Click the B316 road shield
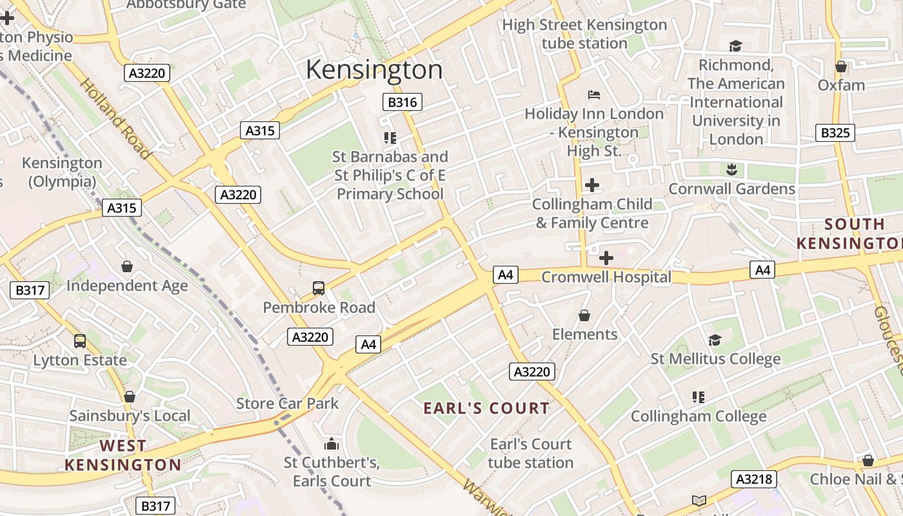coord(402,102)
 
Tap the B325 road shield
coord(835,133)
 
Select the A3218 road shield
coord(753,479)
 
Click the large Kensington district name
coord(374,70)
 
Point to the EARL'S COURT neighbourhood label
coord(486,408)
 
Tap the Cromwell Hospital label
coord(606,277)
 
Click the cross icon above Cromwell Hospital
coord(606,259)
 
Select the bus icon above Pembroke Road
coord(319,288)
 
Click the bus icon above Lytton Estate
coord(80,341)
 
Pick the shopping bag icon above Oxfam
coord(841,66)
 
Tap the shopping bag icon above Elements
coord(584,315)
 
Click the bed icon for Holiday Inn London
coord(594,95)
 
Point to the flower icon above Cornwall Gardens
coord(731,170)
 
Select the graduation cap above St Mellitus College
coord(715,340)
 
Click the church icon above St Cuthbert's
coord(332,444)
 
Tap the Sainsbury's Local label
coord(130,416)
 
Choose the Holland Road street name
coord(115,119)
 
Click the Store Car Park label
coord(287,404)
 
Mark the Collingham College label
coord(699,417)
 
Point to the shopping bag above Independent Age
coord(127,266)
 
